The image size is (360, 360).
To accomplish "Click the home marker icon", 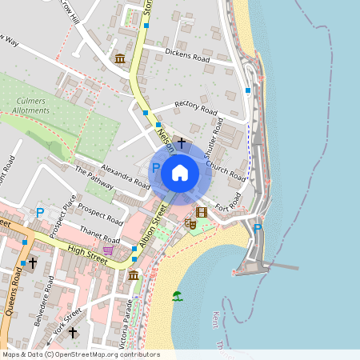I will click(180, 172).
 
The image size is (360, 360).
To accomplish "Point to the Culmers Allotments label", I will click(38, 105).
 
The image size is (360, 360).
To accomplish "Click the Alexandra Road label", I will click(125, 177).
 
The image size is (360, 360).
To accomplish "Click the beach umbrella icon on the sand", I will click(177, 296).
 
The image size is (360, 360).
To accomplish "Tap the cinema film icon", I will click(201, 212).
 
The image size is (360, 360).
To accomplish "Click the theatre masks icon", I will click(190, 225).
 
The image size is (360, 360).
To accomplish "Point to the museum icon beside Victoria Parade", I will click(133, 275).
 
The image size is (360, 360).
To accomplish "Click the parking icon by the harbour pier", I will click(258, 229).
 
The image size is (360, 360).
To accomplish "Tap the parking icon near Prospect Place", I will click(39, 213).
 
